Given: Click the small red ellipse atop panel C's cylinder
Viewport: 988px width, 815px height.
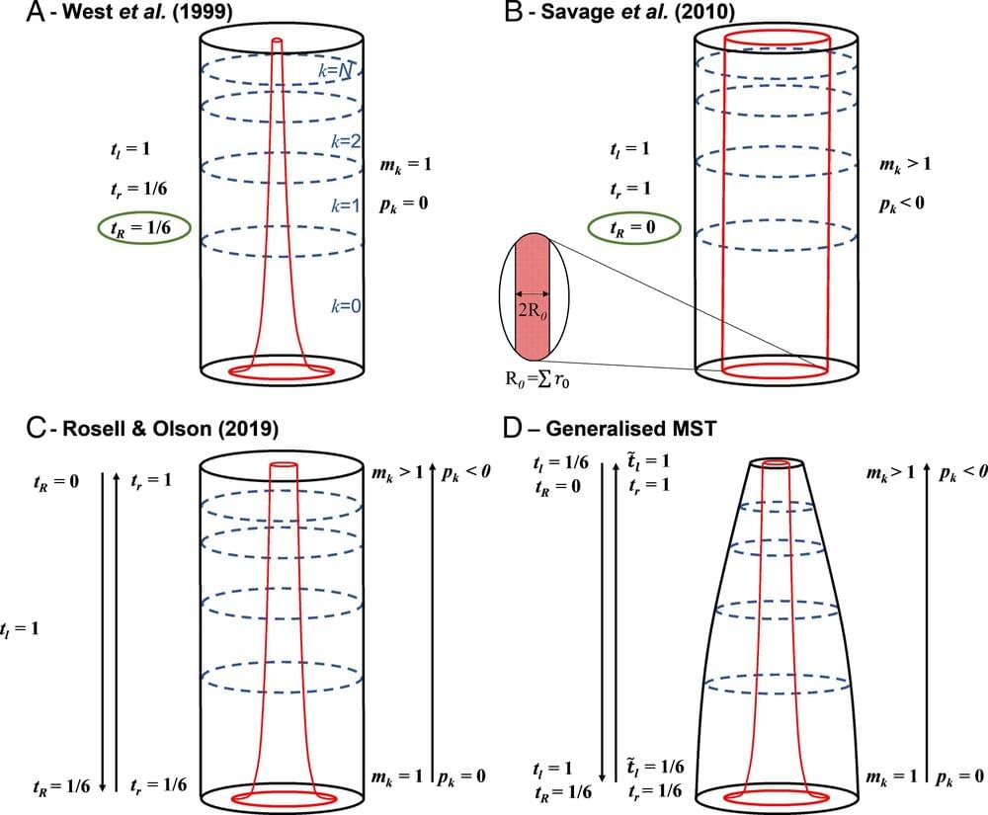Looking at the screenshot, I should tap(283, 462).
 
